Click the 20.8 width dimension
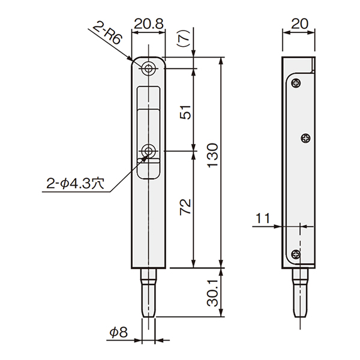coord(149,24)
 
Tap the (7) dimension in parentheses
coord(184,38)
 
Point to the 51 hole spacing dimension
coord(185,112)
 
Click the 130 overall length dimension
coord(212,155)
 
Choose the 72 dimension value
coord(185,207)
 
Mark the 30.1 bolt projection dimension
coord(212,293)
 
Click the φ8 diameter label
coord(118,332)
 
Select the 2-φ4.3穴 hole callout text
coord(76,184)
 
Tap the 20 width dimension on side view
coord(299,24)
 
